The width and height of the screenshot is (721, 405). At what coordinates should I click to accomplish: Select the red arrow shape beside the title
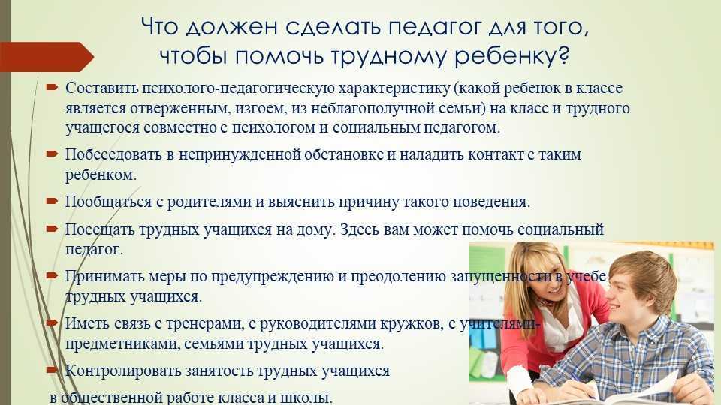47,57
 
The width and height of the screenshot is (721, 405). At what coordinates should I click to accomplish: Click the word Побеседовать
113,154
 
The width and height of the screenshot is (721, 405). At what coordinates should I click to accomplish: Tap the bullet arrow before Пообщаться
52,201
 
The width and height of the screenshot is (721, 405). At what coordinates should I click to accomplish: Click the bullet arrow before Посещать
52,228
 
